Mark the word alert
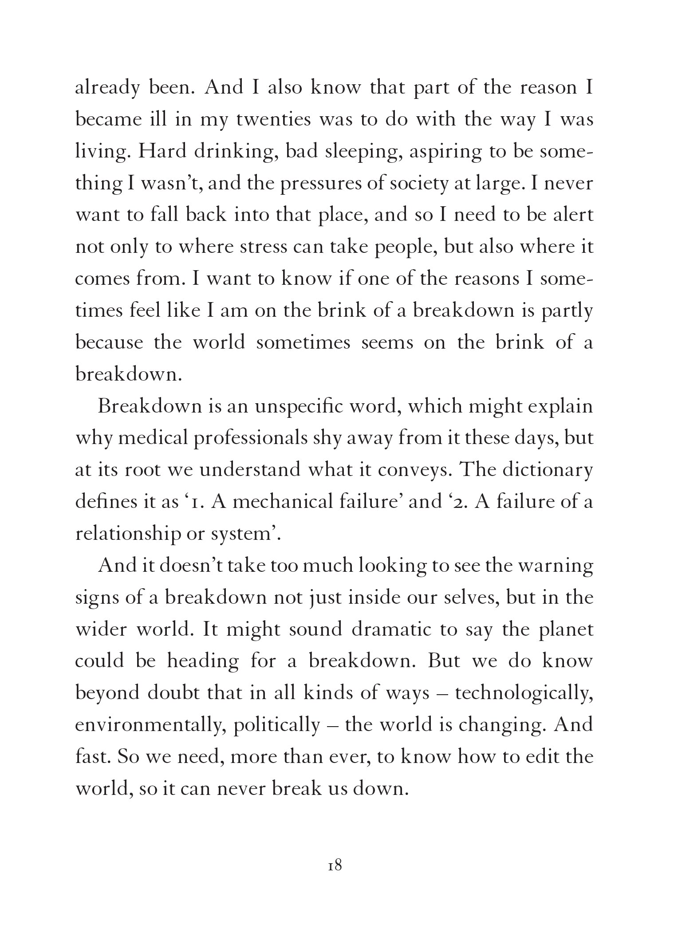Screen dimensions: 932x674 coord(570,215)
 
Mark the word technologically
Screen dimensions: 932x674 coord(524,693)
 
